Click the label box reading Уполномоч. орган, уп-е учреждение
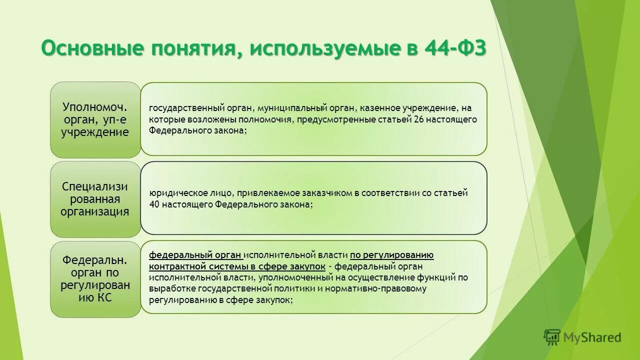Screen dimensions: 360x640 [x=95, y=119]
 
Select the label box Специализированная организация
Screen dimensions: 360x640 [x=95, y=199]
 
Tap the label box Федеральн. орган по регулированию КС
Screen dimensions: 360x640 [x=95, y=279]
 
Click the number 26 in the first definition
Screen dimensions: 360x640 [x=419, y=119]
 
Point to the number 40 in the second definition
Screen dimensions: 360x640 [x=154, y=204]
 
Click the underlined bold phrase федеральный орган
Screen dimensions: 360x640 [x=195, y=254]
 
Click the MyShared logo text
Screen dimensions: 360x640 [x=592, y=337]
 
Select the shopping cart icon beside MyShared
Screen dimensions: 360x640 [x=552, y=337]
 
